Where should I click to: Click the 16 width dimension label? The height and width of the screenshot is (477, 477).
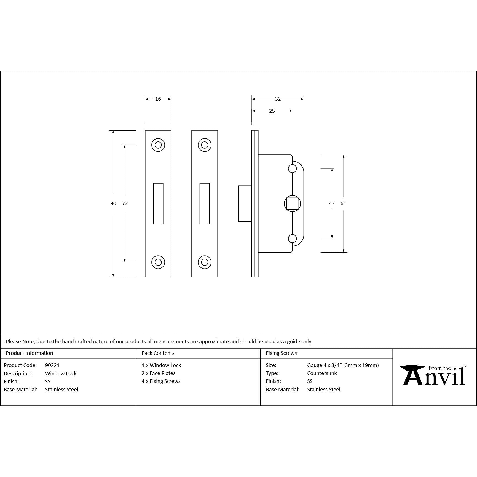click(158, 99)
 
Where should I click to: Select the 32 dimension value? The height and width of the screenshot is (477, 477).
click(278, 99)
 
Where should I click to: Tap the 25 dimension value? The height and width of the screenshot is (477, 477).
click(272, 111)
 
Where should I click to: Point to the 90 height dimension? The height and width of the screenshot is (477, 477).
click(113, 203)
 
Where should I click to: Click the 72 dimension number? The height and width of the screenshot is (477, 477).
click(125, 203)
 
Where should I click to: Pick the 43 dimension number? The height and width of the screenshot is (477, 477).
click(332, 203)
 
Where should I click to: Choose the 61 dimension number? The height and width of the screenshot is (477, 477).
click(343, 203)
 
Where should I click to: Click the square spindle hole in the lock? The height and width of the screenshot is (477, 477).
click(292, 204)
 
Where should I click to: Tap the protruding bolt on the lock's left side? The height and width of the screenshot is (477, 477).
click(245, 203)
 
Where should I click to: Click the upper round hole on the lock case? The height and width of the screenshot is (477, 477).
click(292, 168)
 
